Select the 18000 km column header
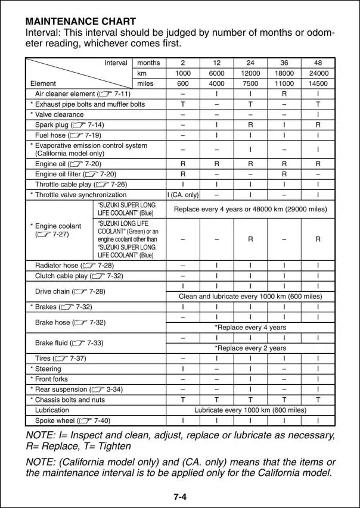pyautogui.click(x=284, y=73)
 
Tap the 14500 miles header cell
pyautogui.click(x=318, y=84)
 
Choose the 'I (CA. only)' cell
pyautogui.click(x=182, y=195)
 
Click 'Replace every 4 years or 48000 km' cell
pyautogui.click(x=250, y=209)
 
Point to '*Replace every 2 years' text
pyautogui.click(x=250, y=348)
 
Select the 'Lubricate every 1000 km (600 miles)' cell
pyautogui.click(x=250, y=410)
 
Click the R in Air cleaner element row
pyautogui.click(x=284, y=94)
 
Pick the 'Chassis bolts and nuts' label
pyautogui.click(x=67, y=400)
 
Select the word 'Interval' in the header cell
pyautogui.click(x=116, y=63)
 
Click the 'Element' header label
pyautogui.click(x=43, y=84)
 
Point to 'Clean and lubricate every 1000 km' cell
pyautogui.click(x=250, y=296)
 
